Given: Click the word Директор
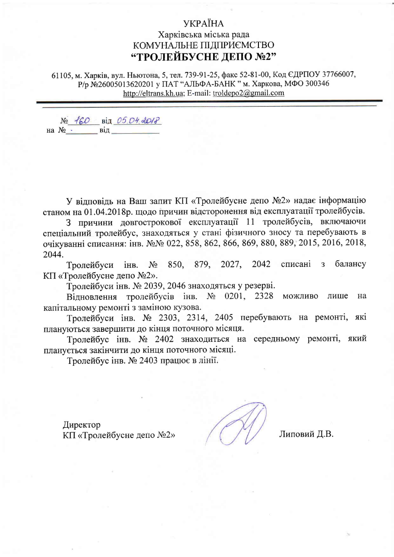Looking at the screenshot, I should pyautogui.click(x=82, y=425).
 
